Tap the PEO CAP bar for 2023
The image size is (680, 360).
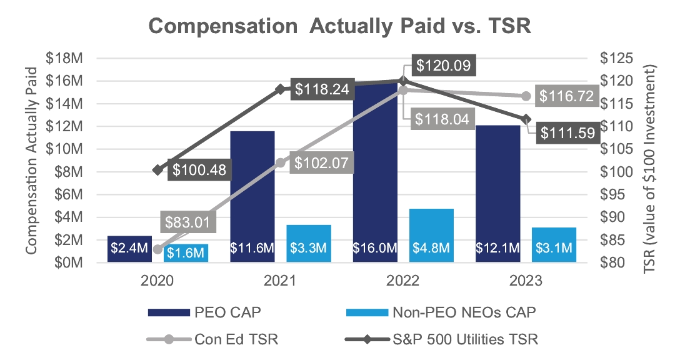tap(497, 187)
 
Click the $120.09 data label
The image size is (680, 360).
tap(444, 65)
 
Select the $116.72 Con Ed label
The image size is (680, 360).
tap(568, 96)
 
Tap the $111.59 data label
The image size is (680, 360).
tap(567, 132)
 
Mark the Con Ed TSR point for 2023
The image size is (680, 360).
tap(526, 96)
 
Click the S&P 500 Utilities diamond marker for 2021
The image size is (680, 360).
tap(281, 89)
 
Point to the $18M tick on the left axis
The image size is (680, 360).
tap(65, 58)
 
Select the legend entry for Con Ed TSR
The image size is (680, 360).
tap(212, 340)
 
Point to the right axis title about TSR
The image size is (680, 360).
tap(654, 159)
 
